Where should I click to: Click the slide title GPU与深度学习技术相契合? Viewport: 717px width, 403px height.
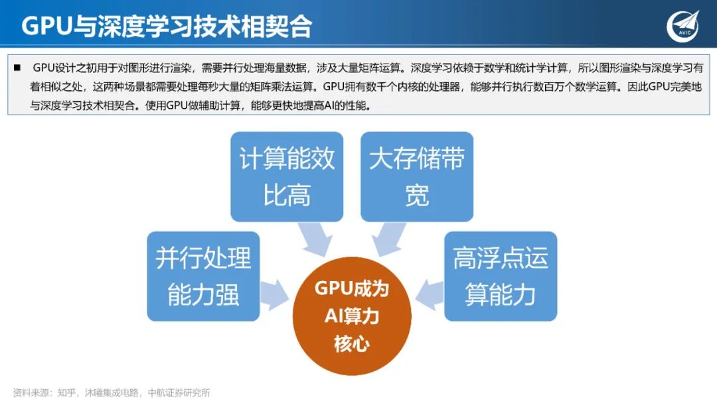(167, 27)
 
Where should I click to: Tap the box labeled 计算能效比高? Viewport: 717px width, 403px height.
(287, 176)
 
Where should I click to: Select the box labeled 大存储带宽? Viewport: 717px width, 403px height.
(417, 176)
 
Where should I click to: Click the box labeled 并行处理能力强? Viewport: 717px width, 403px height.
(203, 276)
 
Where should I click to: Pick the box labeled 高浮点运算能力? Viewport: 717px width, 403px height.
(501, 276)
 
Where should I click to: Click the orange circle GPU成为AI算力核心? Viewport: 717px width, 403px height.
(352, 316)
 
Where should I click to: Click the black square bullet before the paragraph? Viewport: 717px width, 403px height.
(17, 68)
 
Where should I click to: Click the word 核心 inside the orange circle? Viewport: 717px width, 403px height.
(352, 344)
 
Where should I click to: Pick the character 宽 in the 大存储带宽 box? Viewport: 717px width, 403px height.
(417, 196)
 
